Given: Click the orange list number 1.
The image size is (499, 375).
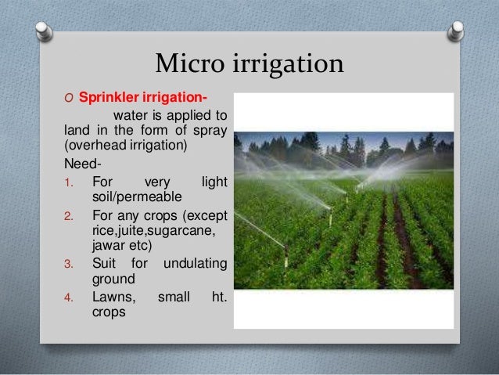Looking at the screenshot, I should pyautogui.click(x=68, y=182).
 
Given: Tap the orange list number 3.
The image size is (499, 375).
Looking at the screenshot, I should pyautogui.click(x=68, y=263).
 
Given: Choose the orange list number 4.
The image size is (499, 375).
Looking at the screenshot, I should pyautogui.click(x=68, y=297).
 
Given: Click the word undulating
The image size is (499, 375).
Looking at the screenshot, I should pyautogui.click(x=195, y=262).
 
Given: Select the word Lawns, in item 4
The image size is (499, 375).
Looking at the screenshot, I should pyautogui.click(x=114, y=297).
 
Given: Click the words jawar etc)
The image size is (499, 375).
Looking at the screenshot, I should pyautogui.click(x=121, y=244).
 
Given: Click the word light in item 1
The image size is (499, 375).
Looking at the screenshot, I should pyautogui.click(x=214, y=182).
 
